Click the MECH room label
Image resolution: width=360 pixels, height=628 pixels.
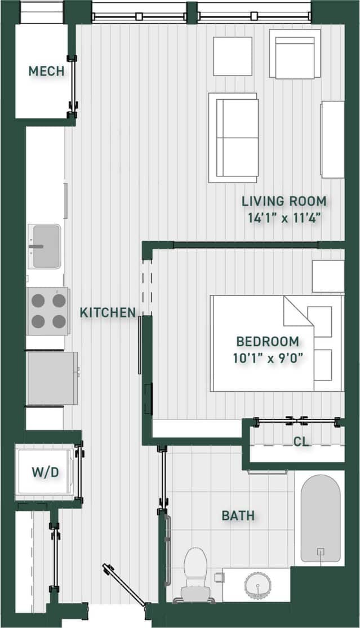[46, 72]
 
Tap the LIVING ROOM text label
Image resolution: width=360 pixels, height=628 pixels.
[284, 201]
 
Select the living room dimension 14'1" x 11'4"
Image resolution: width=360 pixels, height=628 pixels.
[284, 218]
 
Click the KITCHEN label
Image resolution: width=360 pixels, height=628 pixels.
[108, 312]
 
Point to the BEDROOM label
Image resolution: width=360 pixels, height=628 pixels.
[267, 342]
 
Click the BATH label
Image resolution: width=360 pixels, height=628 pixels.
[237, 515]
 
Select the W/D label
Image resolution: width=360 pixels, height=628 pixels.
[45, 472]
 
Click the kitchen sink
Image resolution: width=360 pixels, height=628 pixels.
[45, 246]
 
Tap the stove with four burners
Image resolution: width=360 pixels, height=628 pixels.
[48, 311]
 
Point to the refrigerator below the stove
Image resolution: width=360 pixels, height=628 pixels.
[51, 378]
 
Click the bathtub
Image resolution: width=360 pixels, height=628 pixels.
[320, 519]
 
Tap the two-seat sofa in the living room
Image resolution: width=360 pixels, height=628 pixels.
[233, 138]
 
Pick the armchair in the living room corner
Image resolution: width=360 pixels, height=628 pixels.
[295, 54]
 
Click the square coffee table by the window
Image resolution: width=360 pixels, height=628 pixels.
[232, 56]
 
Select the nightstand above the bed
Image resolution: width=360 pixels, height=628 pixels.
[328, 276]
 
